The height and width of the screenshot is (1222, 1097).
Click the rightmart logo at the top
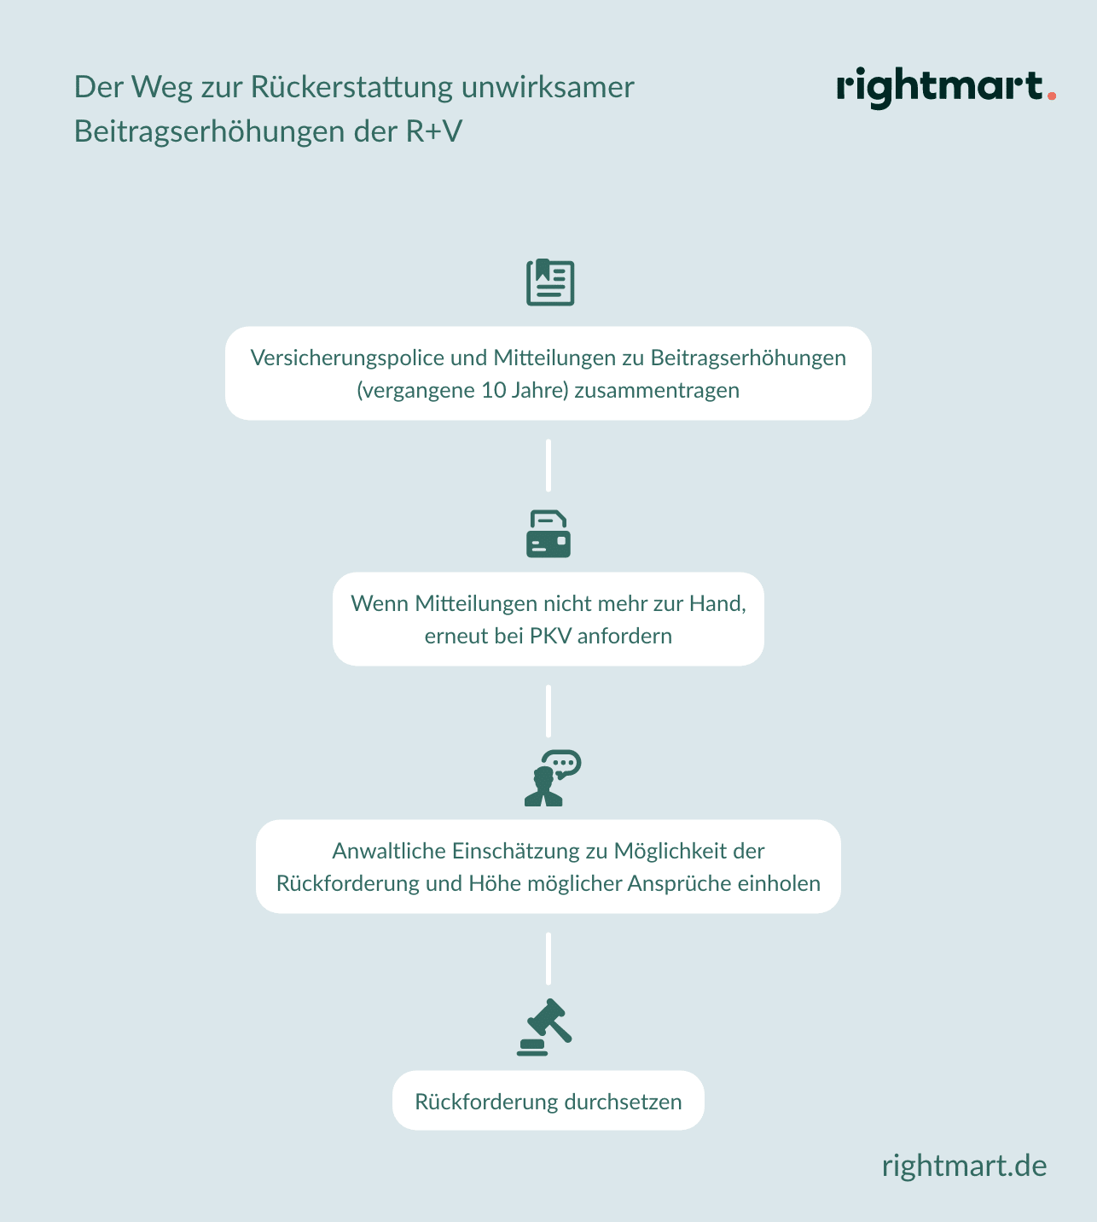(946, 88)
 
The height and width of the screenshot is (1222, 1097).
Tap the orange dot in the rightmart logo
(1052, 96)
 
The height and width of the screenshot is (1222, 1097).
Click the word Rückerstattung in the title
(351, 87)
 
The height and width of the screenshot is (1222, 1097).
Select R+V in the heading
(433, 131)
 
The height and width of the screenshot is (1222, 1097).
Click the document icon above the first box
(550, 282)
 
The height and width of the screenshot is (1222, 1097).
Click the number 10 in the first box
(493, 390)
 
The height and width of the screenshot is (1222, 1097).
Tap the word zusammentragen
(657, 391)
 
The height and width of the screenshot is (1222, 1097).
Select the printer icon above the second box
(548, 534)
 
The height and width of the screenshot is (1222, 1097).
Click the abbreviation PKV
(550, 636)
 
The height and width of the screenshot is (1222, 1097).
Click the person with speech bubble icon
(553, 778)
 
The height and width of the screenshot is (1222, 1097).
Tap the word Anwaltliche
(389, 851)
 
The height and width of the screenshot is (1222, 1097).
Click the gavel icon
(544, 1027)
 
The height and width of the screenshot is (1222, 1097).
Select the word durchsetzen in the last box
(623, 1102)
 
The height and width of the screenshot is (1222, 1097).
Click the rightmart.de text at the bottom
(964, 1166)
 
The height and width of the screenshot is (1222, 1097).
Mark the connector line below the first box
(548, 465)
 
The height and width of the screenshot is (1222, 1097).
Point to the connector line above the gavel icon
(548, 958)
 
